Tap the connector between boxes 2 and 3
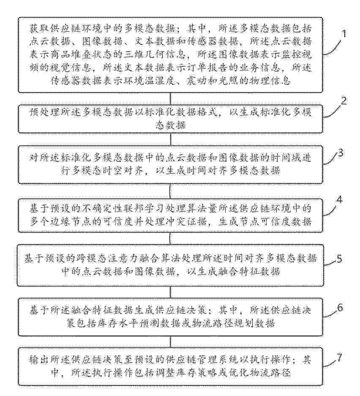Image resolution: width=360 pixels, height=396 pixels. point(170,139)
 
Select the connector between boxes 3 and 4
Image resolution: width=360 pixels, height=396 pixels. point(170,189)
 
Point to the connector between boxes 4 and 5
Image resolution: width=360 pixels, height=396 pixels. point(170,239)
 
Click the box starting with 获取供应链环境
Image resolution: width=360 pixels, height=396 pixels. point(170,55)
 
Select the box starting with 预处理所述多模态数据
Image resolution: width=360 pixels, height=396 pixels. point(170,119)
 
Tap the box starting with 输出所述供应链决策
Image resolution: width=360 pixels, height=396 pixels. point(170,366)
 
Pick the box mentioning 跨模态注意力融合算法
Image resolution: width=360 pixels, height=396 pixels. point(170,264)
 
